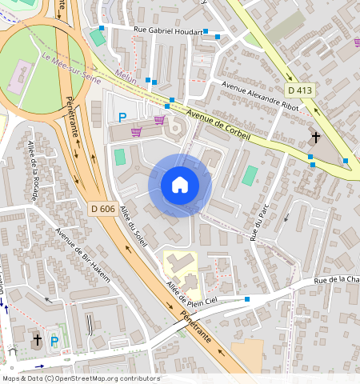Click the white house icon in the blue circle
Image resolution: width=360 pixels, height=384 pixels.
(180, 185)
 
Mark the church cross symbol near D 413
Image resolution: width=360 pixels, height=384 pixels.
(315, 138)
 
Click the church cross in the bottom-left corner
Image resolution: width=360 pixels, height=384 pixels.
(36, 341)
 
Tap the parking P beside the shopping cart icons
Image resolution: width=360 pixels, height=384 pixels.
(122, 117)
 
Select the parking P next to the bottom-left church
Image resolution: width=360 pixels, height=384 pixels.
(54, 342)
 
